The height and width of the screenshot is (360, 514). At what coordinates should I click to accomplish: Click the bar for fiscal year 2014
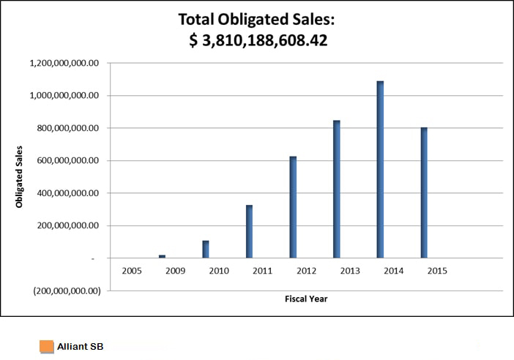pos(380,169)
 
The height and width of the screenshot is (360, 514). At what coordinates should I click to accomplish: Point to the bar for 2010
pos(206,249)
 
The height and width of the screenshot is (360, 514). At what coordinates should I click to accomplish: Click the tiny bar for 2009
pos(163,256)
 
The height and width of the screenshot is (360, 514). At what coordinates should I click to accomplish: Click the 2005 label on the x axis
pos(131,271)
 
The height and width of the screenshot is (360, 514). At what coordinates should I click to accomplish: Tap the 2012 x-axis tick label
pos(305,271)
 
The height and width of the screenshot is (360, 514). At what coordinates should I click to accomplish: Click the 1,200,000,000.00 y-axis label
pos(64,63)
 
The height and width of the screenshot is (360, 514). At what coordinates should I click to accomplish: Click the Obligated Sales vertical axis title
pos(20,176)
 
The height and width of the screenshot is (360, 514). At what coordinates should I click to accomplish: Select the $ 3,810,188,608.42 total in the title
pos(258,41)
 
